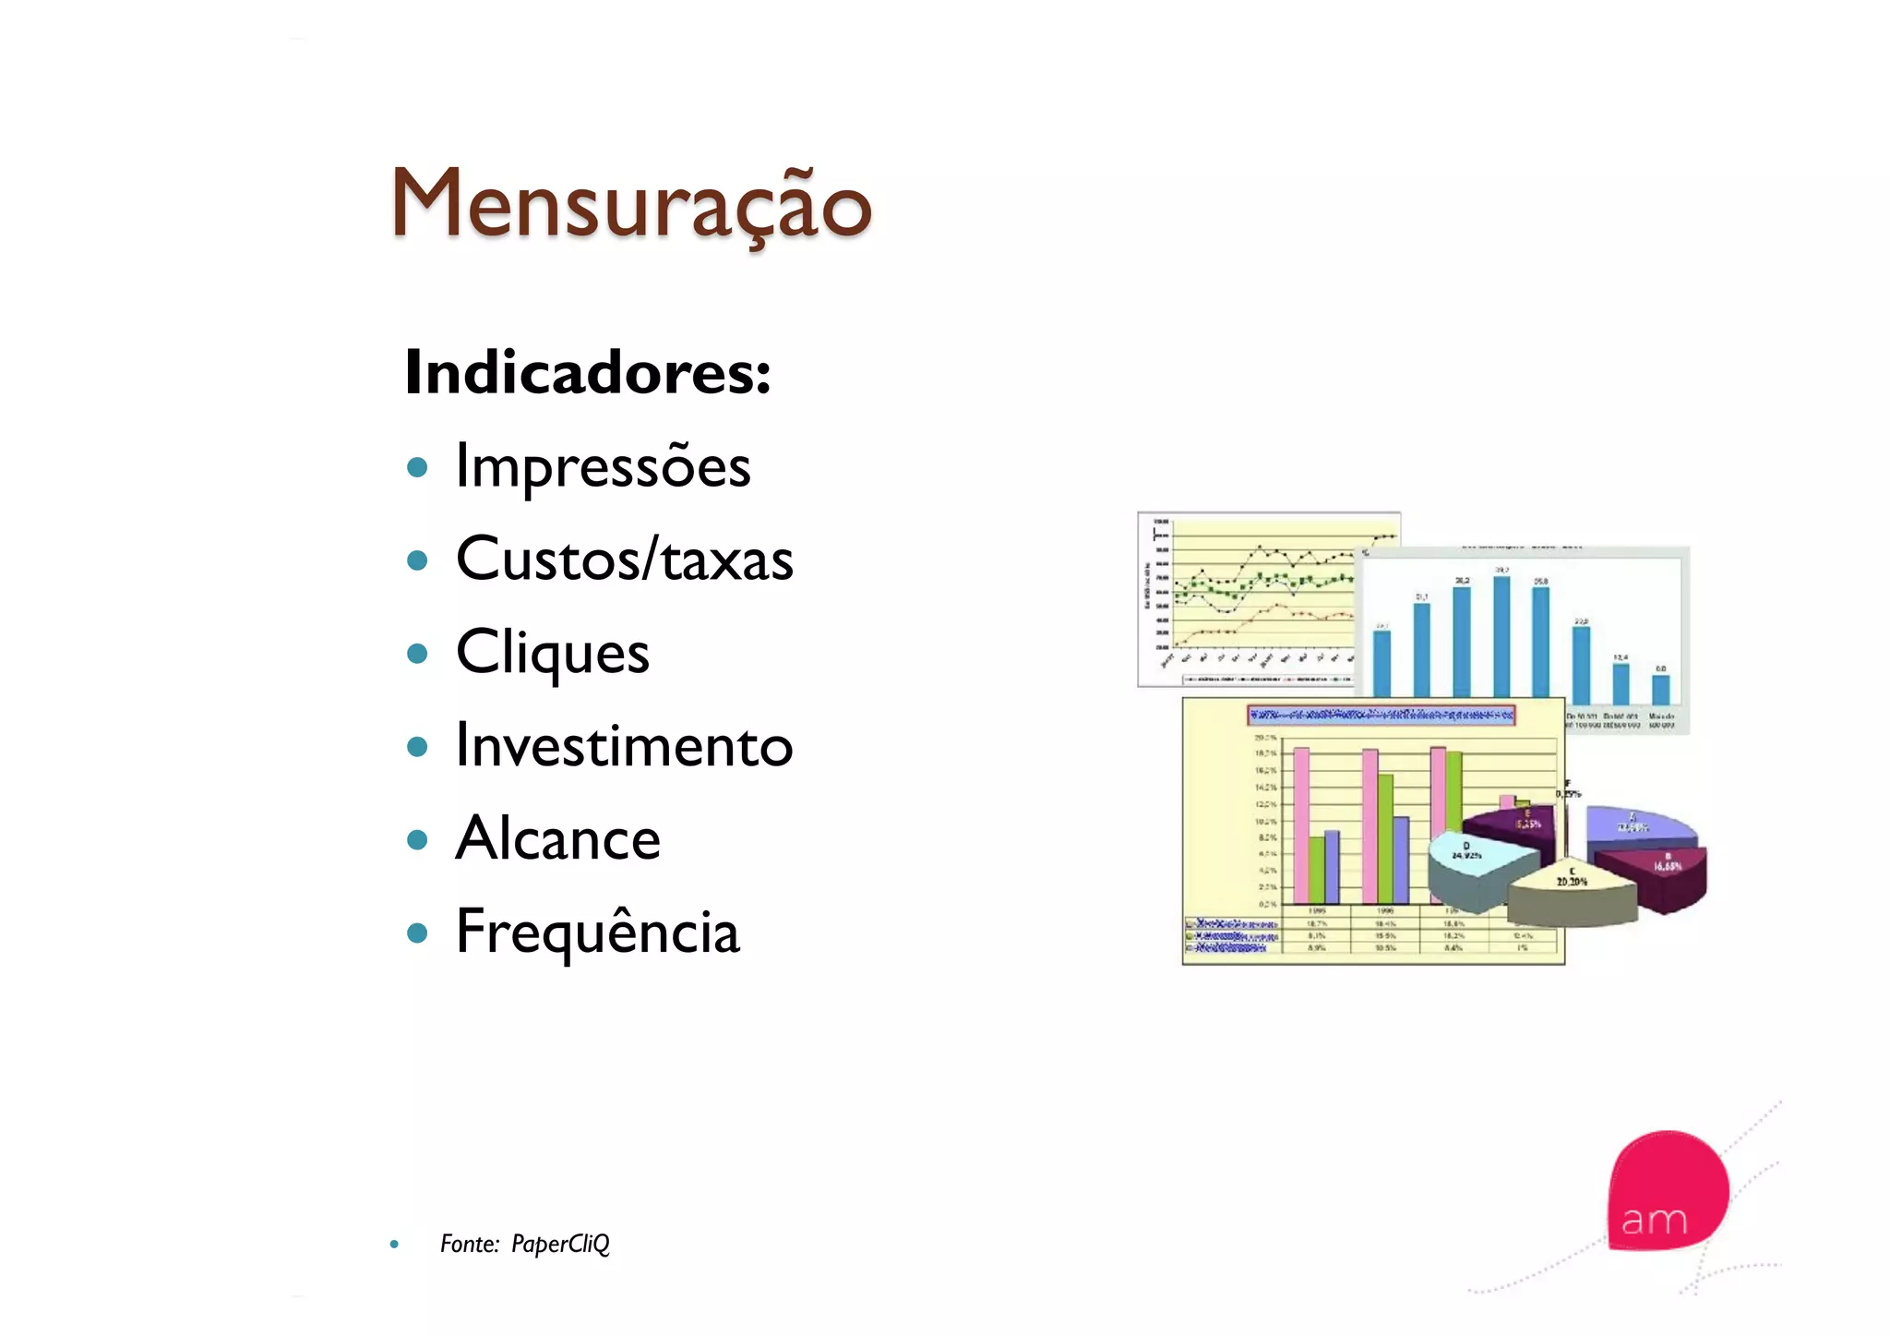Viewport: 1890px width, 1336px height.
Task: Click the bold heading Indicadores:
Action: [x=587, y=372]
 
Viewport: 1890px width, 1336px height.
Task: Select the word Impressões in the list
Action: [x=604, y=466]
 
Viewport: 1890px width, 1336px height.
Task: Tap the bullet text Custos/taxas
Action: [x=625, y=560]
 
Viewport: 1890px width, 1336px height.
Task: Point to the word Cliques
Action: [x=553, y=653]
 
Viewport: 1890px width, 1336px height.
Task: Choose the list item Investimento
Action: [x=625, y=746]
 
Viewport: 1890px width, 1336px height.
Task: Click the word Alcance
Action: [x=558, y=838]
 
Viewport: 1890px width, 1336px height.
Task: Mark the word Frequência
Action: [x=598, y=932]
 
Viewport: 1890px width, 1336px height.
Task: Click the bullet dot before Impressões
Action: [x=417, y=467]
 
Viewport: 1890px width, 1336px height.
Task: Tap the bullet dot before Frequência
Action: [x=417, y=933]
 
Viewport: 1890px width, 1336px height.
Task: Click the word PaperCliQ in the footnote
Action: [x=560, y=1244]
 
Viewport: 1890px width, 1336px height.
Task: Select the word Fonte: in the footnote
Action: [x=470, y=1244]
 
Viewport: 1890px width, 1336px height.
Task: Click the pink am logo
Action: [x=1667, y=1191]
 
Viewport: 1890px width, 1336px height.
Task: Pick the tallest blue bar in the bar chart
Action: [x=1501, y=637]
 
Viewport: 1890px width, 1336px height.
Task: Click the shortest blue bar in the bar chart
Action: [x=1660, y=690]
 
